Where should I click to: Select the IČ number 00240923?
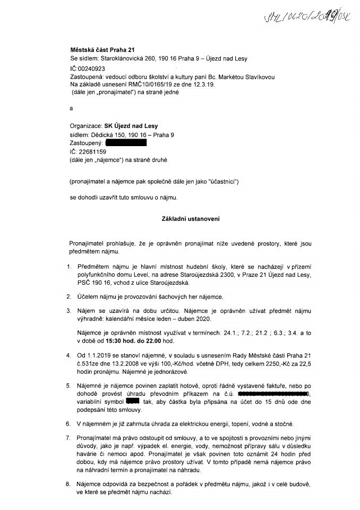pos(91,69)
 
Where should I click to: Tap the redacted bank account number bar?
pos(274,394)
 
